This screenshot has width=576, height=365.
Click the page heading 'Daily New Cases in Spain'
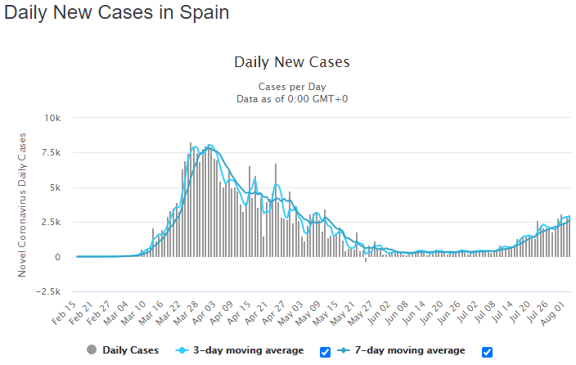(116, 12)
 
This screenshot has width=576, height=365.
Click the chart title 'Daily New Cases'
(292, 62)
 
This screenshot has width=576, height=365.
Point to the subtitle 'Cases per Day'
(292, 87)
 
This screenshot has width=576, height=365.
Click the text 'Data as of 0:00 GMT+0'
(292, 99)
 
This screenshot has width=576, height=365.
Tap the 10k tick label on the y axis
(52, 118)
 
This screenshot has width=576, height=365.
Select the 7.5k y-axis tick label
(51, 152)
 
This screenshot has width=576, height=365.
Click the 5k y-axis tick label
(54, 187)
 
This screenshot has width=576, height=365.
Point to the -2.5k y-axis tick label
(48, 291)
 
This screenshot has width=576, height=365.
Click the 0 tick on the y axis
(57, 257)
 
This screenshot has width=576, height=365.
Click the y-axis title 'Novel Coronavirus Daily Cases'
(22, 205)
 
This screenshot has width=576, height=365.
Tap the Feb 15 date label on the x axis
(64, 313)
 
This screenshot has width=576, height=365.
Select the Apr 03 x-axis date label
(204, 313)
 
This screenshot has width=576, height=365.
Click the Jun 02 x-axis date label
(379, 313)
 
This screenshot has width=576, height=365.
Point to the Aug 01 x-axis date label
(553, 313)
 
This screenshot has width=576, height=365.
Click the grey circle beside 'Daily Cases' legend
(92, 349)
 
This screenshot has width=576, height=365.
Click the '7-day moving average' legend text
(410, 350)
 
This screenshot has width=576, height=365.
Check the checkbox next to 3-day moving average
(325, 352)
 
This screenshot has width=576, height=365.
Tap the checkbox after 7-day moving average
(487, 352)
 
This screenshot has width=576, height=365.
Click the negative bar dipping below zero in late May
(366, 259)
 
